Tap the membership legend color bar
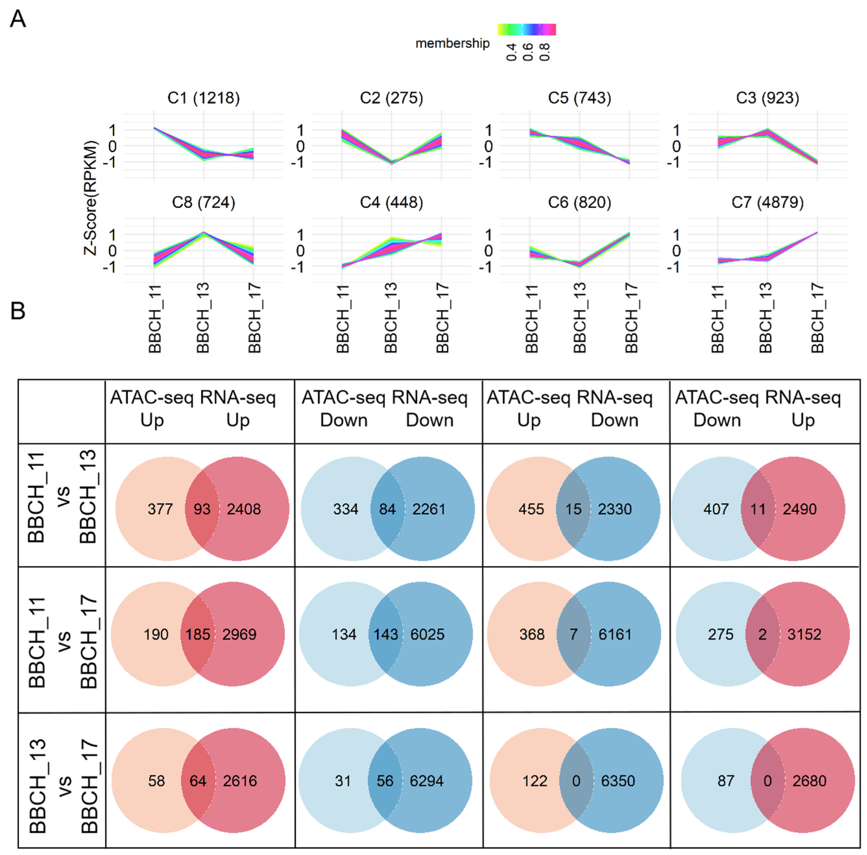pos(526,30)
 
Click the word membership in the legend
pos(452,43)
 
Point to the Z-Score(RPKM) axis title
pos(91,197)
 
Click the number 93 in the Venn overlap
pos(202,509)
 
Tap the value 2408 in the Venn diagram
pos(244,509)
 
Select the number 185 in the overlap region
pos(198,634)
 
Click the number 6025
pos(427,634)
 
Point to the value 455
pos(531,509)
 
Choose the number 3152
pos(804,634)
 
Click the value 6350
pos(618,781)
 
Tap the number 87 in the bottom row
pos(726,781)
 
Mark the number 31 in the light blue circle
pos(343,781)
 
